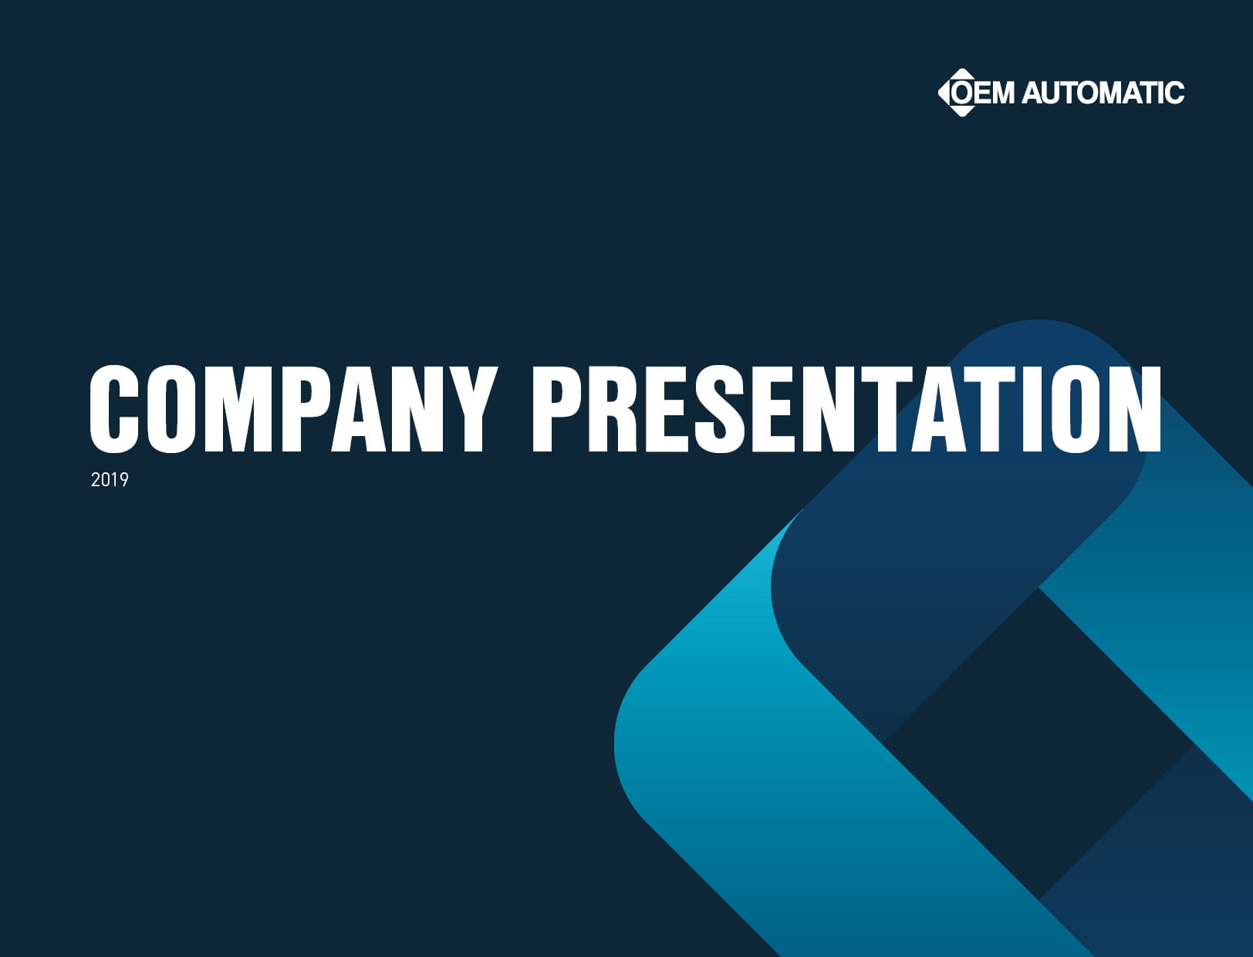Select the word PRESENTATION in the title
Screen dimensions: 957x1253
846,409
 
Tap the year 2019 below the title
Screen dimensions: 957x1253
110,480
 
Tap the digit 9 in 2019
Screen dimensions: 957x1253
123,480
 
